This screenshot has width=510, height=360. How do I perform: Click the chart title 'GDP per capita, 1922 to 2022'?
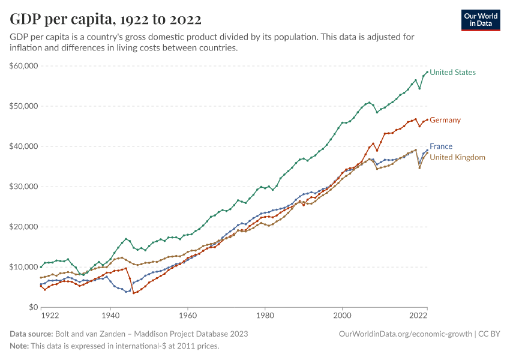point(106,19)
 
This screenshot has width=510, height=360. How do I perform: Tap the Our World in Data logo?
point(481,20)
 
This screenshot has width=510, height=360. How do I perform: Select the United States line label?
point(452,73)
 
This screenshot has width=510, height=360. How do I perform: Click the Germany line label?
point(445,120)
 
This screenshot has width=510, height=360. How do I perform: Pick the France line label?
point(441,146)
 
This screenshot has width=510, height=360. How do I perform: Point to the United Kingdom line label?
point(457,157)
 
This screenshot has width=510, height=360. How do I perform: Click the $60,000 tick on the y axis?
point(24,65)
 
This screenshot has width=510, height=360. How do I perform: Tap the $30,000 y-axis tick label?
point(24,187)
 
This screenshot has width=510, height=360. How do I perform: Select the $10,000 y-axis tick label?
point(24,267)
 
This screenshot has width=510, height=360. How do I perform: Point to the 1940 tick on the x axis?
point(110,315)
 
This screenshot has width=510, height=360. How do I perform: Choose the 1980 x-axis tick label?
point(265,315)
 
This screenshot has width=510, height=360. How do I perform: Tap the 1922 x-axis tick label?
point(49,315)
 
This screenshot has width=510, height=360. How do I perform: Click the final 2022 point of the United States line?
point(427,72)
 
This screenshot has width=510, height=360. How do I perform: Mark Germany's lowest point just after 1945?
point(134,293)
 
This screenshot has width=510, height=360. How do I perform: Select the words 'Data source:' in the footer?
point(31,334)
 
